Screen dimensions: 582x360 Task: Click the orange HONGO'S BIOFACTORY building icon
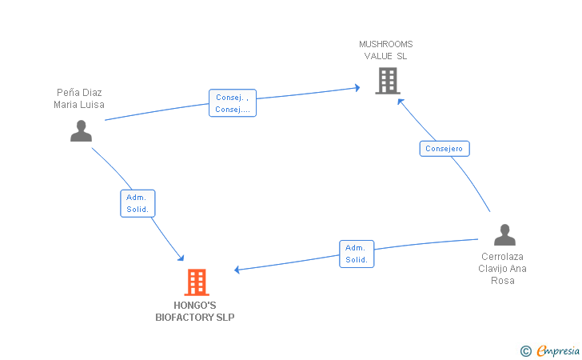coord(197,282)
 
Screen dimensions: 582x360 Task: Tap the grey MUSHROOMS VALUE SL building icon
coord(388,81)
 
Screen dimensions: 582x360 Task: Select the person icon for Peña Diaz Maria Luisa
coord(81,130)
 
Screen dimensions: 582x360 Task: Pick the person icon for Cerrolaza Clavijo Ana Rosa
coord(504,234)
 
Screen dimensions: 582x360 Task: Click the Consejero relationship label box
coord(444,149)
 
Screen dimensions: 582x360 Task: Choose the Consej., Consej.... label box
coord(233,103)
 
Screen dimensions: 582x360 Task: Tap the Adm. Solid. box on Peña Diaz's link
coord(138,203)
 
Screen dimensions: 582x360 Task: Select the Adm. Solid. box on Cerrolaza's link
coord(357,254)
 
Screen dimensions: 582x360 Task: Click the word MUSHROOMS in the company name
coord(385,44)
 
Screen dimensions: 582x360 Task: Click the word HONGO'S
coord(195,306)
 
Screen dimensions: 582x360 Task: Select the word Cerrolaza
coord(502,256)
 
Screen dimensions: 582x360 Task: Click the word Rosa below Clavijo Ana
coord(503,281)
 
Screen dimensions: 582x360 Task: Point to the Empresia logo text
coord(558,350)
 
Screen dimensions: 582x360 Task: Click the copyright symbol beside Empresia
coord(526,351)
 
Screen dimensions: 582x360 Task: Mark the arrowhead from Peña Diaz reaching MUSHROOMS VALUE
coord(357,88)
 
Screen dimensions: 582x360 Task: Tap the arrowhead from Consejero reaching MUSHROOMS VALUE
coord(400,101)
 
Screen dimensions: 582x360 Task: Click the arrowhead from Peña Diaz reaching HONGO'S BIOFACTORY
coord(181,258)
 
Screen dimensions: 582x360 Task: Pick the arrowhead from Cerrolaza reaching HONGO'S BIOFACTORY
coord(237,270)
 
